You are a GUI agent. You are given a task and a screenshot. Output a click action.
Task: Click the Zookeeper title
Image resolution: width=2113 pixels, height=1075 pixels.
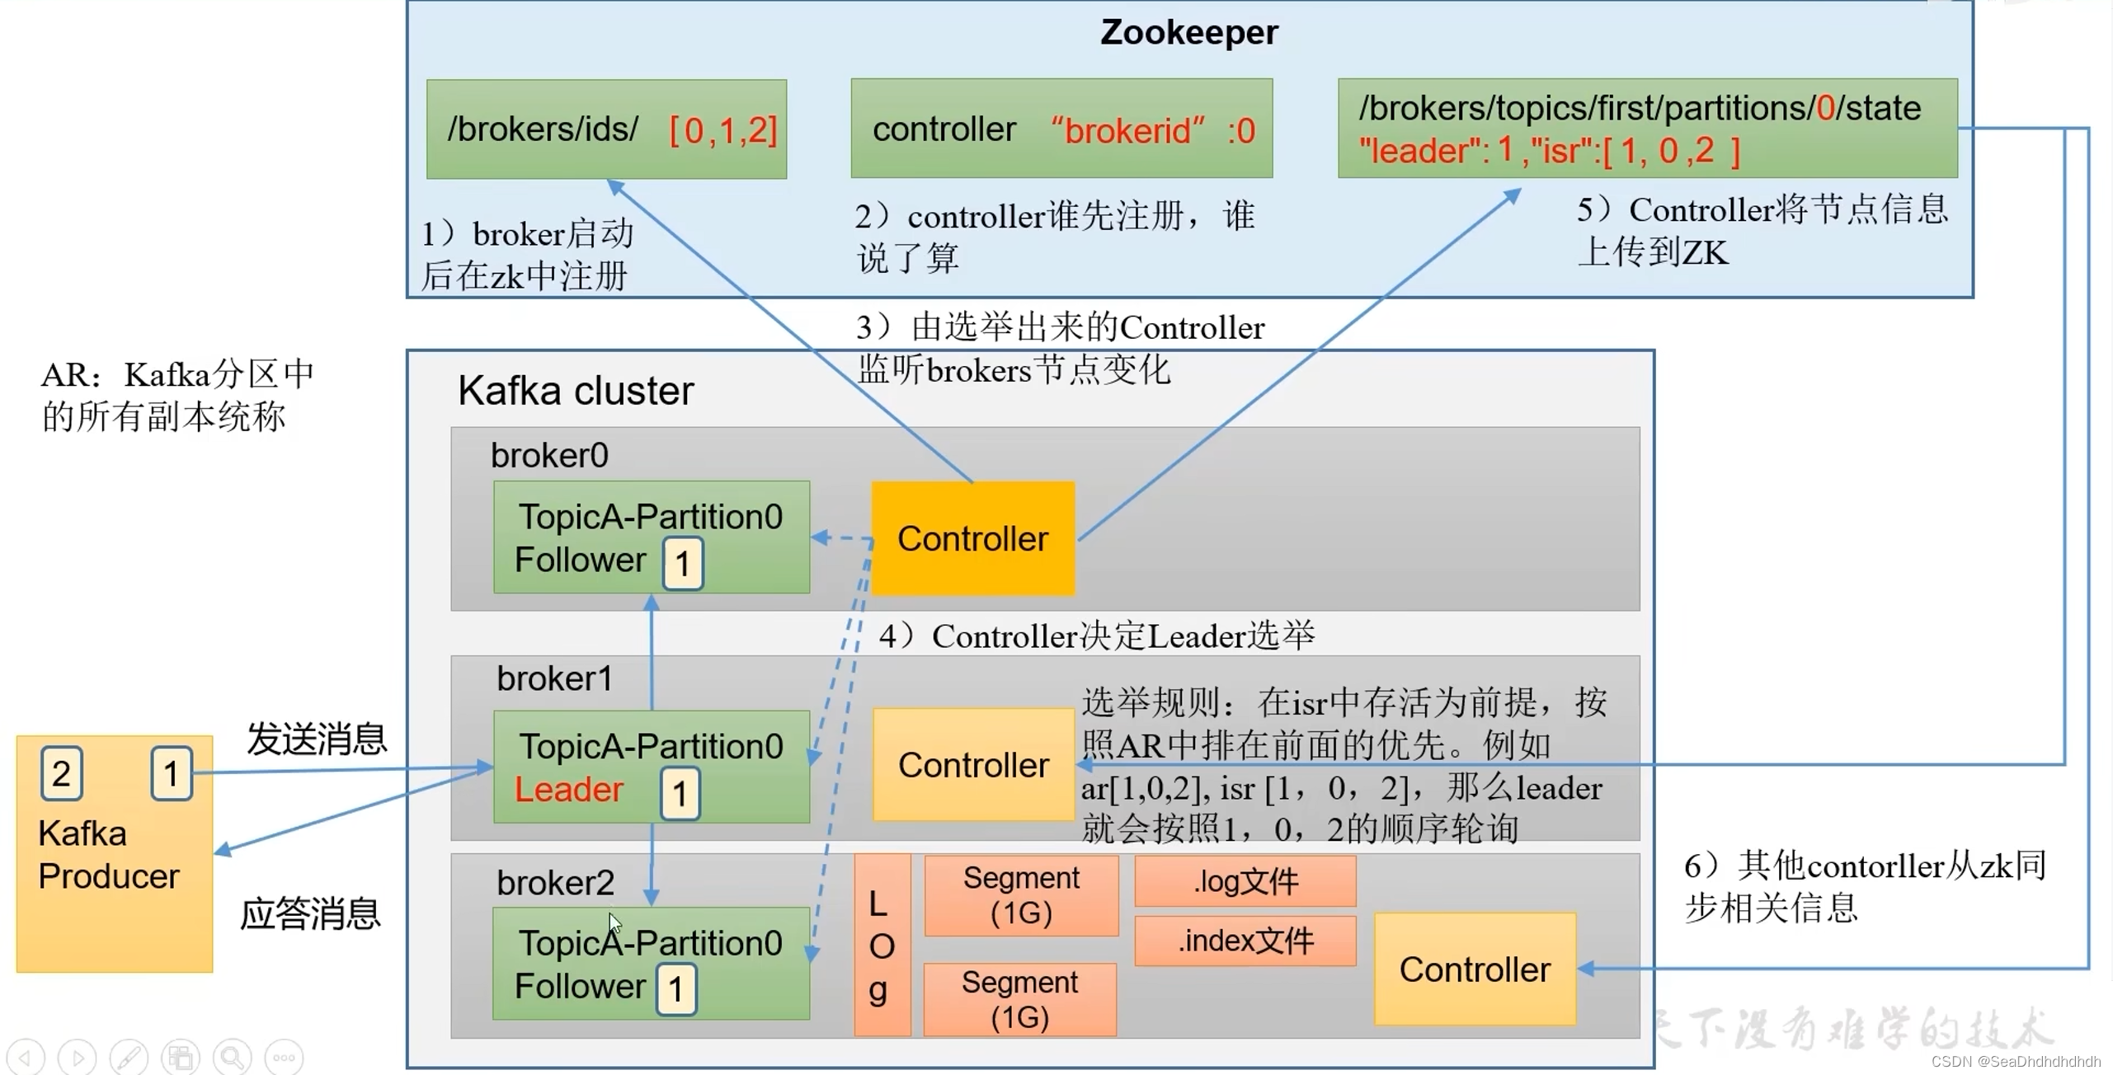coord(1188,32)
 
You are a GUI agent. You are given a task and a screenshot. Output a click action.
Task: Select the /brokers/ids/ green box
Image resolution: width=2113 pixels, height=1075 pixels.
coord(606,129)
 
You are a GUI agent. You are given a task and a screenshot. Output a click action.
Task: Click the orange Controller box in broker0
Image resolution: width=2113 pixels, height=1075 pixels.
coord(972,538)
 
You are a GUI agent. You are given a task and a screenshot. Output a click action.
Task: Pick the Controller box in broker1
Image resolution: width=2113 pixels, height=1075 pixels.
coord(972,764)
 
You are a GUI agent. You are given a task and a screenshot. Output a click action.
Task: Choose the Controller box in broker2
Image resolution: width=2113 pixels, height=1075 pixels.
coord(1474,969)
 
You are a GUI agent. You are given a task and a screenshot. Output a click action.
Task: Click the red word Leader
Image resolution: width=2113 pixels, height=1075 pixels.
coord(568,789)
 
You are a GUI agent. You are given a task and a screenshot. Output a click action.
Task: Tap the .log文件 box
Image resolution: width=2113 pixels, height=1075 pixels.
coord(1245,880)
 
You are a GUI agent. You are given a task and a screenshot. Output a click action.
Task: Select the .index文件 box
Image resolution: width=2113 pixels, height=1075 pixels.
coord(1245,940)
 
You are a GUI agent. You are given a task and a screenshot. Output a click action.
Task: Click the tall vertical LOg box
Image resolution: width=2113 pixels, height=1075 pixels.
coord(882,945)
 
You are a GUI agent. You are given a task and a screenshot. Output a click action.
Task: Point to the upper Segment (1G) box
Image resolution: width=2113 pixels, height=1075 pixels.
coord(1021,895)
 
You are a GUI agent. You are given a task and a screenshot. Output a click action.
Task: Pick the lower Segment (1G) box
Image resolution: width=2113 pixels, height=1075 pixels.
coord(1019,999)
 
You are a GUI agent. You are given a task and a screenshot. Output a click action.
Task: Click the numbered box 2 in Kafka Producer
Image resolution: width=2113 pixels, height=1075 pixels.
coord(61,773)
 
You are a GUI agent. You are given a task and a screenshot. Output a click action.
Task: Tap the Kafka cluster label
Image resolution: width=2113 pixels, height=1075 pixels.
coord(576,390)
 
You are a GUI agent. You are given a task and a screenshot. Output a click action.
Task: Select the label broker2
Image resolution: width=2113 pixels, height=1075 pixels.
coord(555,883)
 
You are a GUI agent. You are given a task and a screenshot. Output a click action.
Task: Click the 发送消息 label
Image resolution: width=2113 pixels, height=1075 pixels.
coord(317,739)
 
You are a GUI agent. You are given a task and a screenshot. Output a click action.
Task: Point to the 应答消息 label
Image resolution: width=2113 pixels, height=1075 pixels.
coord(310,913)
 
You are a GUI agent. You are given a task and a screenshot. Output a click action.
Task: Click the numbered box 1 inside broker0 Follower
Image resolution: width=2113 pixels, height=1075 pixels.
coord(683,564)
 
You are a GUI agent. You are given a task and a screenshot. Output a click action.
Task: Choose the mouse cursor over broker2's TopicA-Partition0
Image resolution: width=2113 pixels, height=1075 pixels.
coord(614,922)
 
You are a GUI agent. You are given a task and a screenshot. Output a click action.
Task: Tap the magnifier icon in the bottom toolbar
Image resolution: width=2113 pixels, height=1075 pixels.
coord(233,1057)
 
